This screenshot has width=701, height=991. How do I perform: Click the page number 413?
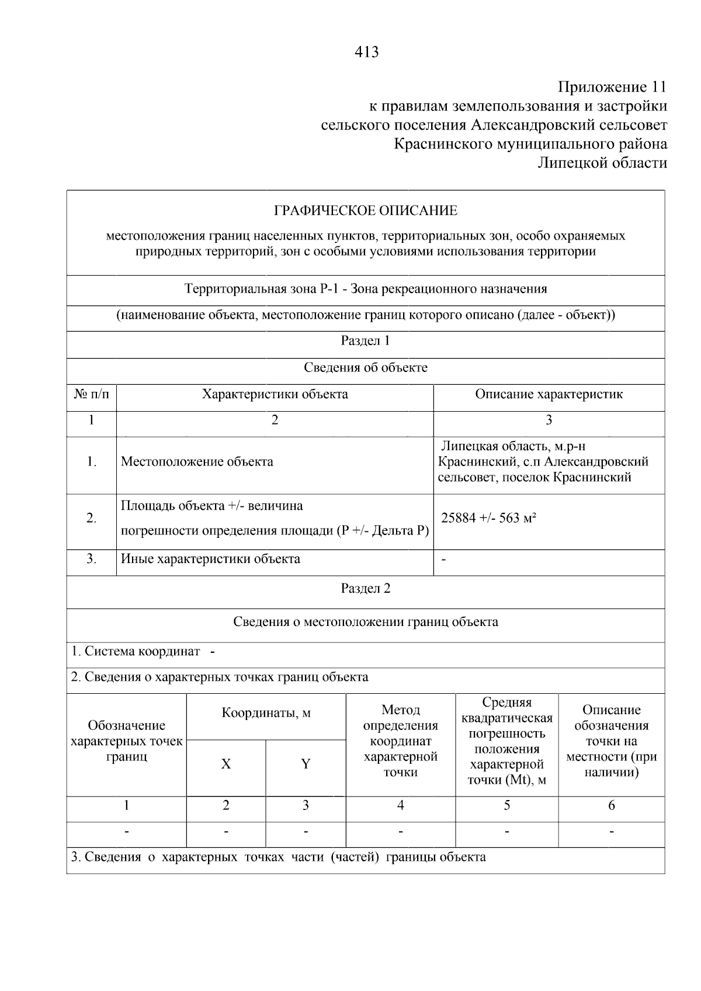[366, 53]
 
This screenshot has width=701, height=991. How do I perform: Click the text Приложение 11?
[612, 87]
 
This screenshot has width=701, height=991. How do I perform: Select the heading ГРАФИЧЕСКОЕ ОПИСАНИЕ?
[366, 210]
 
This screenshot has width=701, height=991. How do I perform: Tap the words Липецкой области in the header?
[602, 162]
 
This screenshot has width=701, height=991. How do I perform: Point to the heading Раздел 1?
[366, 341]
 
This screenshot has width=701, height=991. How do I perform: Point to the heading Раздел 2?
[366, 589]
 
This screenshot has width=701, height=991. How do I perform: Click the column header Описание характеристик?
[549, 394]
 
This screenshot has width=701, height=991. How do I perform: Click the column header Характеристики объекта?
[275, 394]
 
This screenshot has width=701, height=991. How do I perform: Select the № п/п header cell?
[92, 394]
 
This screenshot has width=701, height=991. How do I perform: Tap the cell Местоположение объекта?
[197, 462]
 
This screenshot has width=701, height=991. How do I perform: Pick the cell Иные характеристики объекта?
[210, 559]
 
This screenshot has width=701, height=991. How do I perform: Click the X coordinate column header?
[226, 764]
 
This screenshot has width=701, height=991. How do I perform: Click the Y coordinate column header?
[306, 764]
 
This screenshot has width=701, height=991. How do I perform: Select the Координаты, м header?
[266, 714]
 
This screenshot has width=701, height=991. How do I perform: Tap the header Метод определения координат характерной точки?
[400, 741]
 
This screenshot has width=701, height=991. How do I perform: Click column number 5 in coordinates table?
[506, 806]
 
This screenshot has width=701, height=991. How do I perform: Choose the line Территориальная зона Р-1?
[366, 289]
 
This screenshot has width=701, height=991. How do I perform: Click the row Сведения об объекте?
[366, 368]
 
